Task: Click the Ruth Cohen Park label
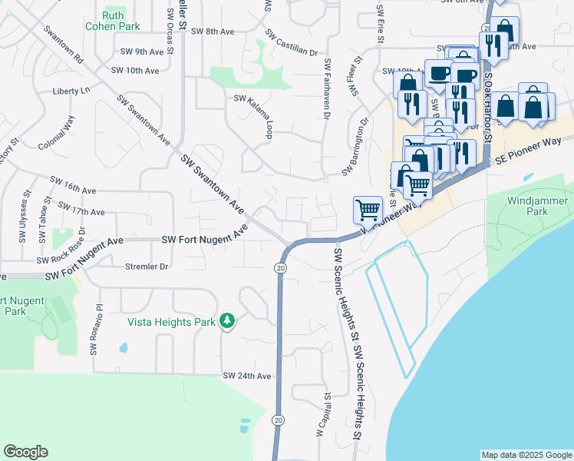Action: tap(119, 21)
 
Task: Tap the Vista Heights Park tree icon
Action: tap(226, 320)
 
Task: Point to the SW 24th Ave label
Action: tap(247, 376)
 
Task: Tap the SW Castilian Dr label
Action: tap(291, 44)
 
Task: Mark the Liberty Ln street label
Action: tap(71, 91)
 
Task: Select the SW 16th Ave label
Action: tap(73, 184)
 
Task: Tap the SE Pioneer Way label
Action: tap(529, 149)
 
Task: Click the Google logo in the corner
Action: tap(25, 452)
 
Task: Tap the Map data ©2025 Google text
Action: tap(526, 455)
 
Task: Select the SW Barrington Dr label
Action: tap(356, 146)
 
